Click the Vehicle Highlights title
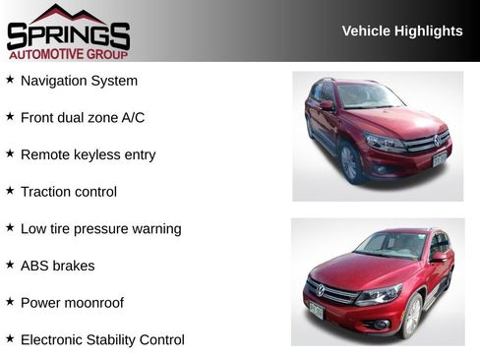[401, 31]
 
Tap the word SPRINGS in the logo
[68, 36]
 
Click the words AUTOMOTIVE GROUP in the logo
[68, 54]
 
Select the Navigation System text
[79, 81]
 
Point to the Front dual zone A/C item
[83, 118]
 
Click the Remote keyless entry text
[88, 154]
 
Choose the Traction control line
[68, 192]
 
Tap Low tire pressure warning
[100, 228]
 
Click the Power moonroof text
[72, 303]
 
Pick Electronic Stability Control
[102, 339]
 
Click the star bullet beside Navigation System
[10, 80]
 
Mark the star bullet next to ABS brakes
[10, 265]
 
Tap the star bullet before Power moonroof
[10, 302]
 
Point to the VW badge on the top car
[438, 142]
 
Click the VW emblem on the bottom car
[321, 290]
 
